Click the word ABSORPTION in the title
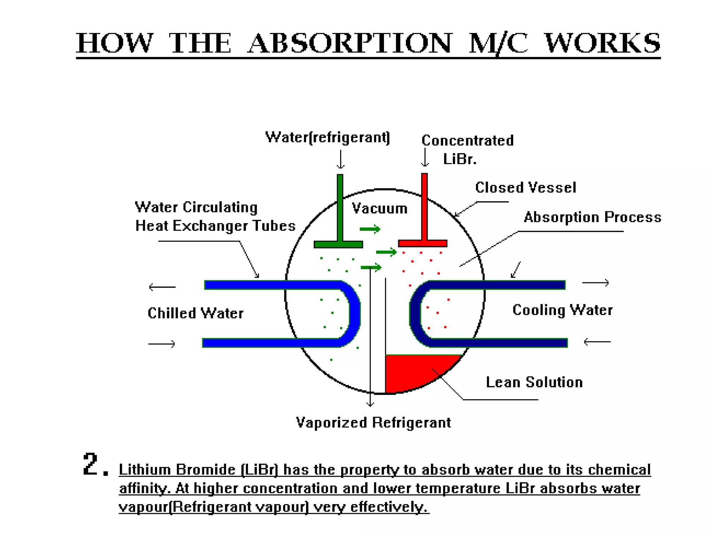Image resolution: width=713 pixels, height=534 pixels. (x=350, y=43)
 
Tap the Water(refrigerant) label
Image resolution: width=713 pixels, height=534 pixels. (x=327, y=137)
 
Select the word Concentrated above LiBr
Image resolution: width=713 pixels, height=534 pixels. (x=467, y=140)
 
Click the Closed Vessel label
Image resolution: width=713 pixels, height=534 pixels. (x=525, y=188)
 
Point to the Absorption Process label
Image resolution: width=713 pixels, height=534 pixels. (x=592, y=217)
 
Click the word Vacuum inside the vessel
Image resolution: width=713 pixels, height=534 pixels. (x=379, y=209)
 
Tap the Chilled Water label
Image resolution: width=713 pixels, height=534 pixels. (x=195, y=313)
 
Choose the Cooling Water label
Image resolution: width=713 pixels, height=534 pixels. (x=562, y=310)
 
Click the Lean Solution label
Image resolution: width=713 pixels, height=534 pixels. (x=534, y=382)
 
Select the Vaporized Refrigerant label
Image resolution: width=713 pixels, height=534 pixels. (x=373, y=423)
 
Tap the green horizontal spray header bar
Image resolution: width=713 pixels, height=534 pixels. (x=338, y=245)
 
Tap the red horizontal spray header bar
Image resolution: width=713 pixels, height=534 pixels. (x=422, y=243)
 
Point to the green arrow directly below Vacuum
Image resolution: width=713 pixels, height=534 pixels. (x=370, y=229)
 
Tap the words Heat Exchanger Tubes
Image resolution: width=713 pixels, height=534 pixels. (x=215, y=226)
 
